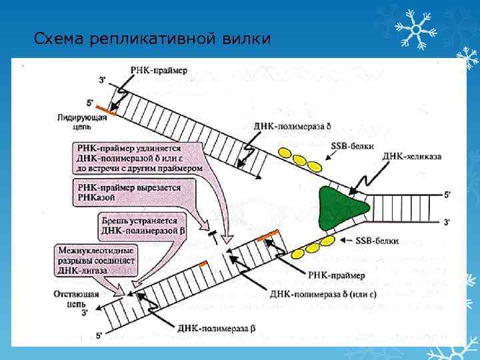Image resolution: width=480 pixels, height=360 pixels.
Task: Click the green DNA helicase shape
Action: (x=343, y=207)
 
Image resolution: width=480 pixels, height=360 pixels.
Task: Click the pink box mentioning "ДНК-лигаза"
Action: (x=96, y=261)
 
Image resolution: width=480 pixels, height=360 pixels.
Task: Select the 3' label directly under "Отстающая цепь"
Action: (x=84, y=311)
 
